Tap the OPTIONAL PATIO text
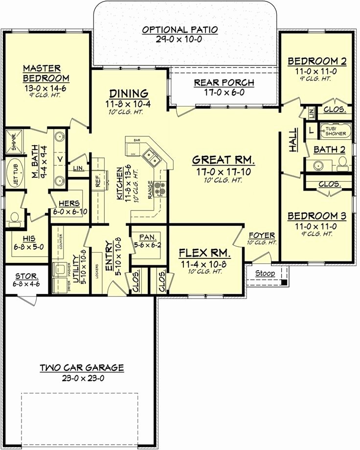[180, 30]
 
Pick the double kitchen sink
[151, 158]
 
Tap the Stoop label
[265, 273]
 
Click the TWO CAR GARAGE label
[82, 367]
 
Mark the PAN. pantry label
[147, 236]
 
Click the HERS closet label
[66, 203]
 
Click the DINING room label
[129, 93]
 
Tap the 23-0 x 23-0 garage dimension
[82, 377]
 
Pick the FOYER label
[262, 235]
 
